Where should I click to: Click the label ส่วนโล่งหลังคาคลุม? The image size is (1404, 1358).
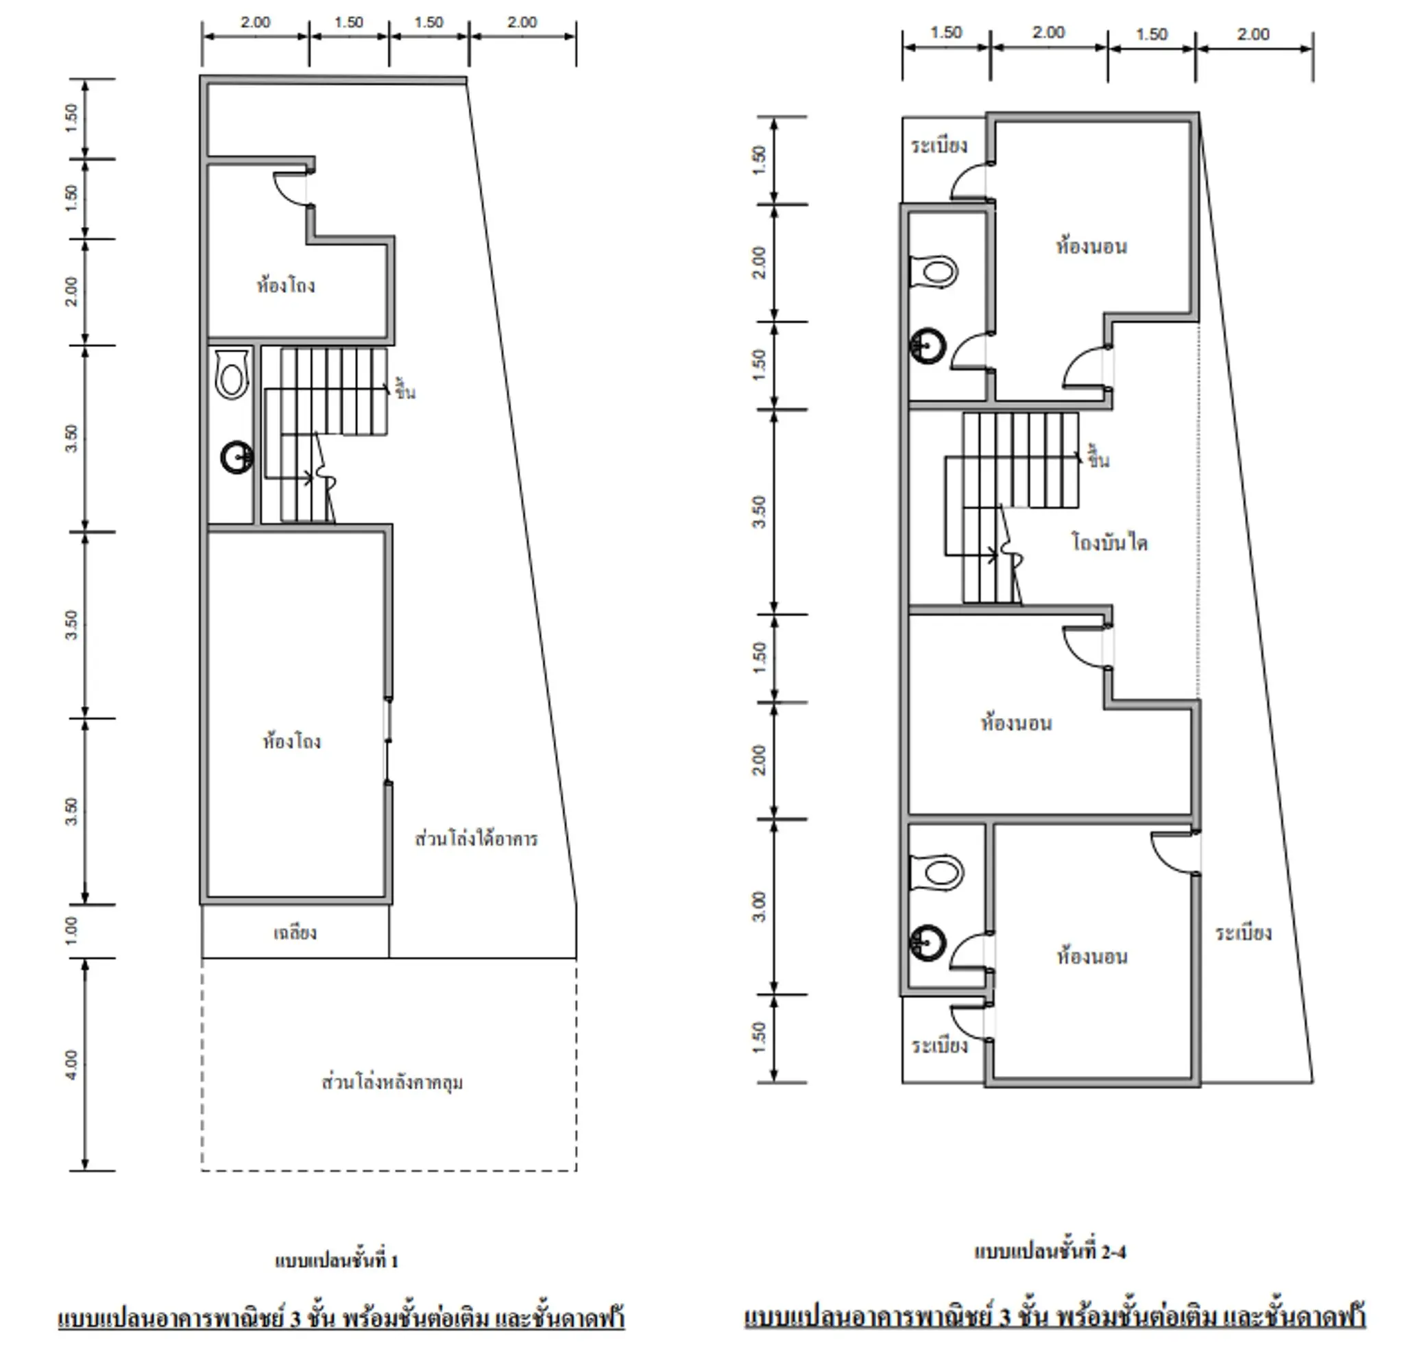click(x=392, y=1082)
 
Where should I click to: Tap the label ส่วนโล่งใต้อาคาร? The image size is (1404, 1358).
click(x=476, y=838)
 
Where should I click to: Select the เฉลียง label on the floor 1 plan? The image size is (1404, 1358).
click(x=294, y=932)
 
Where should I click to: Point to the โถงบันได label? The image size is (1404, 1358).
click(x=1110, y=542)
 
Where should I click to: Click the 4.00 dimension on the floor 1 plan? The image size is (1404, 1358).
click(x=71, y=1064)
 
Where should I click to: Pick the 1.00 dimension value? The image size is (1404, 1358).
click(x=71, y=930)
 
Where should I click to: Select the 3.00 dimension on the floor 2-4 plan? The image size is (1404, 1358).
click(x=760, y=907)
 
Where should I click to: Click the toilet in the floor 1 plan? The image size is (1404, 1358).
click(x=232, y=374)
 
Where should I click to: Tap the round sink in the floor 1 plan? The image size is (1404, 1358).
click(x=237, y=457)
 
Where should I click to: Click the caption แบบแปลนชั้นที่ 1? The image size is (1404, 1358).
click(x=336, y=1260)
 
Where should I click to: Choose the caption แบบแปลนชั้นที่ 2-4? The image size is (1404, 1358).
click(x=1050, y=1251)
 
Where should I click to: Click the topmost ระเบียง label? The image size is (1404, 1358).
click(x=939, y=145)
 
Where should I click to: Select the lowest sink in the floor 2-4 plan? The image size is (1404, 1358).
click(x=928, y=943)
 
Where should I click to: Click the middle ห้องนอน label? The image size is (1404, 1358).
click(x=1017, y=722)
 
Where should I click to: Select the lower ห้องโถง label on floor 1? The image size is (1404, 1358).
click(x=291, y=740)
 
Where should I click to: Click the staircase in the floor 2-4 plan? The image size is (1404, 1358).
click(x=1011, y=508)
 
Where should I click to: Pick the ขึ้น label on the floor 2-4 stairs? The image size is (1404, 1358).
click(x=1099, y=457)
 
